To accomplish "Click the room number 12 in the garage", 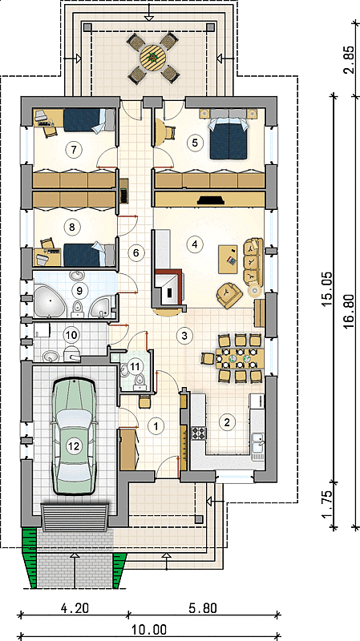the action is tap(74, 446).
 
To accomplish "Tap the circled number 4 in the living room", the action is tap(194, 244).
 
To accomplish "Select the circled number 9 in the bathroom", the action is tap(79, 290).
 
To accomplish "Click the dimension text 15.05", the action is tap(326, 289).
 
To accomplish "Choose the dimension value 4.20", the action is tap(75, 608).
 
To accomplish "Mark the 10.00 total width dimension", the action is tap(149, 629).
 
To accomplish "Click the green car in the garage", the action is tap(74, 436).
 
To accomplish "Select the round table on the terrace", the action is tap(153, 58).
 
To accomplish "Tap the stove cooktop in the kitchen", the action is tap(199, 433).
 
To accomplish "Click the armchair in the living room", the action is tap(229, 294).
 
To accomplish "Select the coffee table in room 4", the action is tap(228, 259).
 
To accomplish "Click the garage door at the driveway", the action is tap(75, 517).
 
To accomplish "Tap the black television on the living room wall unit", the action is tap(211, 200).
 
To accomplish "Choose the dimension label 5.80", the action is tap(203, 608).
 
